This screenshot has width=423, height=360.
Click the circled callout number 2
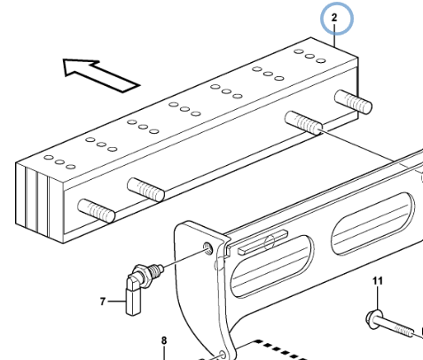coord(334,18)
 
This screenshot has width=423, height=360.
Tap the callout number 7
coord(103,301)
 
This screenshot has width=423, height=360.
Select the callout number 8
coord(164,340)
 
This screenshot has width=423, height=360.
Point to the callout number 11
coord(378,281)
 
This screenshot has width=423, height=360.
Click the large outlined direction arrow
coord(100,75)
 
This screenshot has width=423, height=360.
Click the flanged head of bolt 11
coord(373,318)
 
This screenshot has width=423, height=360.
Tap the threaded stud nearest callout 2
coord(353,101)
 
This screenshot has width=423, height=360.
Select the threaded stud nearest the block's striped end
coord(96,211)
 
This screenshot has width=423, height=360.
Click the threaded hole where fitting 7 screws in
coord(208,247)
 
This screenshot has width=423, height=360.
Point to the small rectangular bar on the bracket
coord(262,242)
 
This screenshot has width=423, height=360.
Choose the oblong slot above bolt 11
coord(372,223)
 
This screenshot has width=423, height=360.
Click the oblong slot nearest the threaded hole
coord(271,267)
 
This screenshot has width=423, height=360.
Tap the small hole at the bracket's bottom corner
coord(223,355)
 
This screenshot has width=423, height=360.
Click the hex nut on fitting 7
coord(141,274)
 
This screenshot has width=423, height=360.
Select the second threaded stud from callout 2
coord(303,122)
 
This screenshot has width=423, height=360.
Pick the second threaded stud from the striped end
coord(145,190)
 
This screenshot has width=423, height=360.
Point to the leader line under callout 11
coord(378,298)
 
